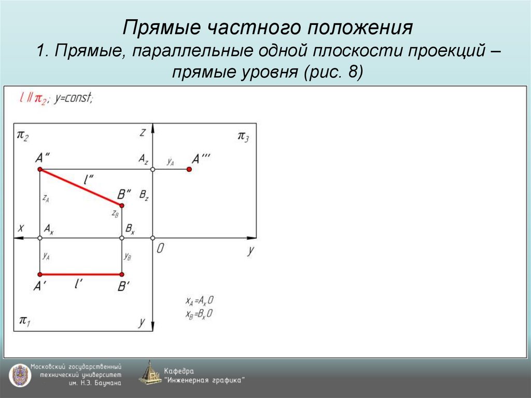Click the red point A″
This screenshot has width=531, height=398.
40,169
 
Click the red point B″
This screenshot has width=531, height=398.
122,205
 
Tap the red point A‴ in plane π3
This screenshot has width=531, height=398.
189,169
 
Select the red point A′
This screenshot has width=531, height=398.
40,274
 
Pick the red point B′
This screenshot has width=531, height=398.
122,274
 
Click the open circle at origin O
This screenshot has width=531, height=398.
152,238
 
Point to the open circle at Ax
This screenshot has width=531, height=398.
40,238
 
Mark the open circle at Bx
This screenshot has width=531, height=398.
122,238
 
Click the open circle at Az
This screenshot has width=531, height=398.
152,169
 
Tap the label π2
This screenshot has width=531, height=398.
23,136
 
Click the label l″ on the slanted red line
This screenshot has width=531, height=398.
89,180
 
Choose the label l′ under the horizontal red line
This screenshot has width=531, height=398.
79,284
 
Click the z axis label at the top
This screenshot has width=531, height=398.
142,132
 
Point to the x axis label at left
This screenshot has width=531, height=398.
21,228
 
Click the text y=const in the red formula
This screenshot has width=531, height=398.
74,99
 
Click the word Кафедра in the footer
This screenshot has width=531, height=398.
179,371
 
